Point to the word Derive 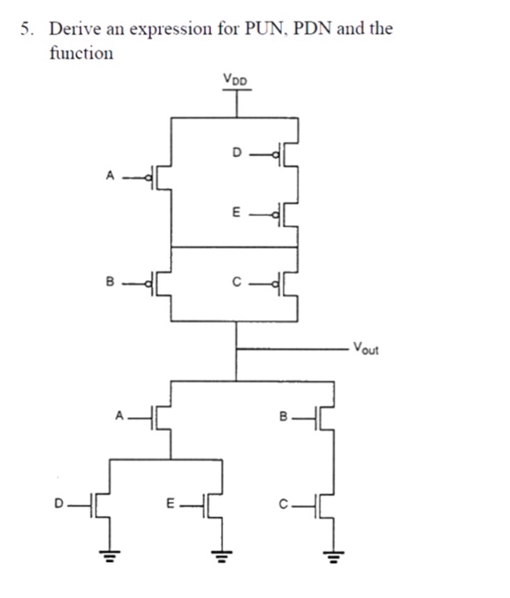click(x=74, y=29)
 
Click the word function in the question click(x=80, y=53)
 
